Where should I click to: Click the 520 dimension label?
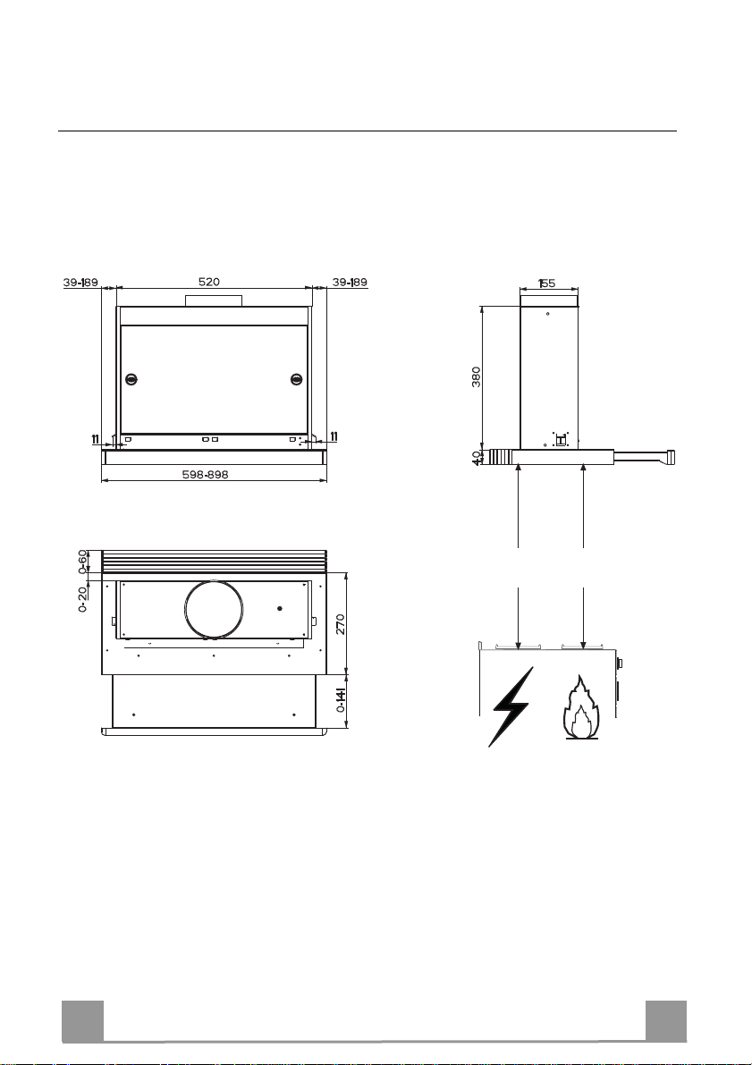[x=208, y=281]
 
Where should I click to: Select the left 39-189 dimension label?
[x=80, y=283]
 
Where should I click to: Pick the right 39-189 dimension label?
[x=350, y=282]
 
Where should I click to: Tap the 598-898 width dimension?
[x=206, y=475]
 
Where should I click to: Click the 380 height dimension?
[x=477, y=377]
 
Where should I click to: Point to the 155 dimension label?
[x=547, y=283]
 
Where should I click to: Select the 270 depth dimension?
[x=341, y=624]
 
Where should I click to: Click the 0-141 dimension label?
[x=341, y=699]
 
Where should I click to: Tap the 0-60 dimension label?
[x=83, y=562]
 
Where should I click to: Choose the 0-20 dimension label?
[x=83, y=599]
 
